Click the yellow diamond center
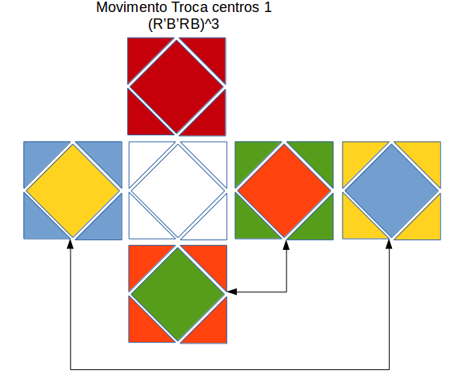click(x=73, y=190)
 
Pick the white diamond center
click(x=178, y=190)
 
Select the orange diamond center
click(x=284, y=190)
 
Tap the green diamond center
click(x=178, y=294)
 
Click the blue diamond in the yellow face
click(x=391, y=190)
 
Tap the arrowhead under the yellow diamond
click(x=72, y=243)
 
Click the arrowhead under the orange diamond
click(x=286, y=243)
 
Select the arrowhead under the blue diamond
click(x=390, y=243)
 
